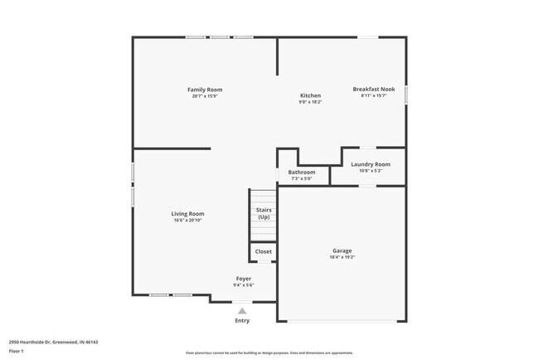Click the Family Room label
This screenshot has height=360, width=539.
click(204, 90)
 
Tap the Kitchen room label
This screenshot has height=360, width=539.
click(310, 95)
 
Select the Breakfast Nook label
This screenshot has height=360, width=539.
click(373, 89)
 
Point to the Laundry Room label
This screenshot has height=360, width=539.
click(371, 164)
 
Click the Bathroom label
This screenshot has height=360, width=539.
click(302, 172)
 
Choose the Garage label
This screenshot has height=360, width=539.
click(342, 251)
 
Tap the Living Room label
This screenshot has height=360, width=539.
click(187, 214)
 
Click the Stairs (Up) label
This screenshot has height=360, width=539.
click(264, 213)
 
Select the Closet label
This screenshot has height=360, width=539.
click(263, 251)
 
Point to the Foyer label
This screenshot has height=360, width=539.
click(244, 279)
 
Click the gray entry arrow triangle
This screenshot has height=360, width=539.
click(242, 311)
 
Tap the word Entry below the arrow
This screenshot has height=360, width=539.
click(242, 320)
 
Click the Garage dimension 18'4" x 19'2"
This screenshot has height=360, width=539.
click(342, 257)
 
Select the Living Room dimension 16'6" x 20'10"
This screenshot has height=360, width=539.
click(187, 221)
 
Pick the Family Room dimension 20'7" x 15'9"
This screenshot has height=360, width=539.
click(204, 96)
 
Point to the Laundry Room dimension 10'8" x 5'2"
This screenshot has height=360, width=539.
click(371, 171)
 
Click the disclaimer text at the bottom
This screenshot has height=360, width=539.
click(269, 353)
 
